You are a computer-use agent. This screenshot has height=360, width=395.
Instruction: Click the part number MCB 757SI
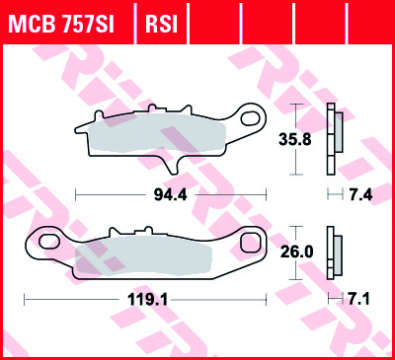pyautogui.click(x=61, y=24)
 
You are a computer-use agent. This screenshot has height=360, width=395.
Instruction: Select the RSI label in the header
pyautogui.click(x=161, y=24)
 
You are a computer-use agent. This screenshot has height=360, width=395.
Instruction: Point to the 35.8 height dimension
pyautogui.click(x=295, y=139)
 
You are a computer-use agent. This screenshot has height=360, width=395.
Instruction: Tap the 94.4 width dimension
pyautogui.click(x=170, y=194)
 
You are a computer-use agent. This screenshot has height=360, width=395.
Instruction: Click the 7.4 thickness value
pyautogui.click(x=360, y=194)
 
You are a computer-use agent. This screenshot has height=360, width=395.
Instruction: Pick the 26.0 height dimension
pyautogui.click(x=296, y=252)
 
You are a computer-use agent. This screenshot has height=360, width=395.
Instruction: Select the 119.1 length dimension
pyautogui.click(x=148, y=300)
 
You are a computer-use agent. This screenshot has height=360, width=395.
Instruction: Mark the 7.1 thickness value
pyautogui.click(x=358, y=299)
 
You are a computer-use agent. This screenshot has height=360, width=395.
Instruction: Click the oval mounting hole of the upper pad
pyautogui.click(x=251, y=118)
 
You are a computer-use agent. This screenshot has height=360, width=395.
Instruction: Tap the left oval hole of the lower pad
pyautogui.click(x=49, y=241)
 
